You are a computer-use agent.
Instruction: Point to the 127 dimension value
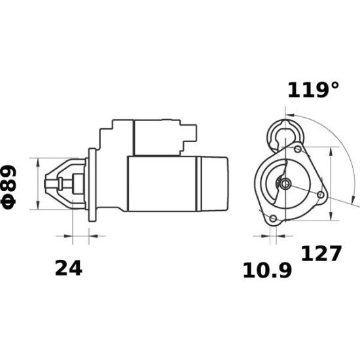click(x=321, y=253)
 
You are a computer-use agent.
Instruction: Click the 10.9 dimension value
click(x=267, y=269)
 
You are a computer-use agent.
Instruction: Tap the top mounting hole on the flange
click(x=298, y=150)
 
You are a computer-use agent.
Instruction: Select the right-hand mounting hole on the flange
click(x=319, y=195)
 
